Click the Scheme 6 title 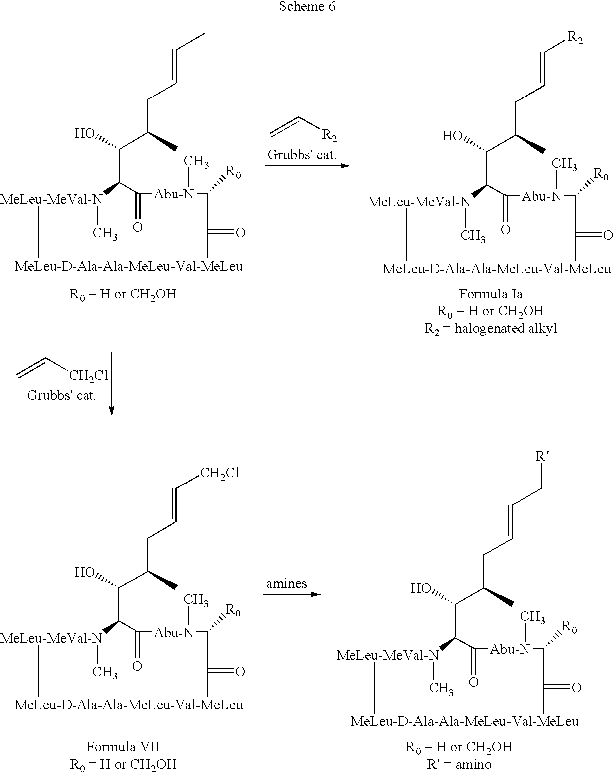coord(307,6)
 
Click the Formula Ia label coord(491,294)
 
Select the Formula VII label coord(123,747)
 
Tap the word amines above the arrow coord(286,583)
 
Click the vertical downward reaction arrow coord(112,384)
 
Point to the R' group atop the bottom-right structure coord(542,456)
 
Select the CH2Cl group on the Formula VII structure coord(219,473)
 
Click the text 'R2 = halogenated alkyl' coord(491,329)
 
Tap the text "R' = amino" coord(459,764)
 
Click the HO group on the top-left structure coord(85,133)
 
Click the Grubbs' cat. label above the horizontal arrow coord(302,155)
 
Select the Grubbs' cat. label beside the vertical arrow coord(62,395)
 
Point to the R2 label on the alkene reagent coord(329,135)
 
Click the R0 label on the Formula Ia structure coord(601,175)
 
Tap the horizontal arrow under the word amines coord(292,594)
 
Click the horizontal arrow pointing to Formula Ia coord(307,166)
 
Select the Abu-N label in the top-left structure coord(174,194)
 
